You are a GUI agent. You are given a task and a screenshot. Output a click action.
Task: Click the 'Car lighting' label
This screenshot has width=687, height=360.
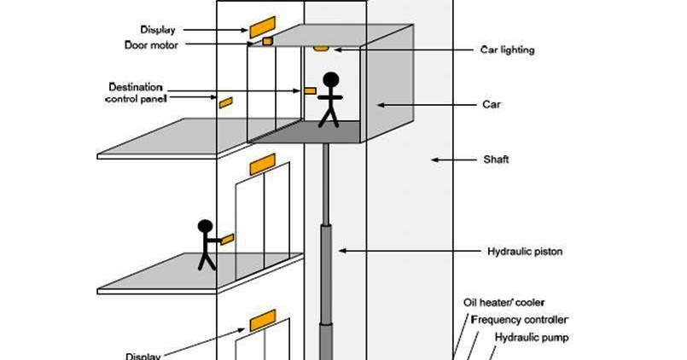coord(504,50)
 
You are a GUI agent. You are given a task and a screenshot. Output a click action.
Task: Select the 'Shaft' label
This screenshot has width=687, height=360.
coord(495,160)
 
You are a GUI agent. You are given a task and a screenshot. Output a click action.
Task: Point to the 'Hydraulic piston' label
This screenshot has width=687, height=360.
coord(524,252)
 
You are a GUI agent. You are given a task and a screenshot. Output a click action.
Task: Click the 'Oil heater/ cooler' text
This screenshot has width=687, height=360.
coord(504,303)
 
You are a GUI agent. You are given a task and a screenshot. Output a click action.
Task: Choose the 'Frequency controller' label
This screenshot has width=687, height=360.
coord(519,320)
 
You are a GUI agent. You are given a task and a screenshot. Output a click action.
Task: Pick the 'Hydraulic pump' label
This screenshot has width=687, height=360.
coord(532,337)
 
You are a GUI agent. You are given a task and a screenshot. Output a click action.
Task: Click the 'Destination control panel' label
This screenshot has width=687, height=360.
coord(136,93)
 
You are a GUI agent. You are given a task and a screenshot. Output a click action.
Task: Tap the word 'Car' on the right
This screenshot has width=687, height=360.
coord(491,105)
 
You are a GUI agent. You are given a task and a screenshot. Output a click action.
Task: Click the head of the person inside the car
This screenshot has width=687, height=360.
coord(330,80)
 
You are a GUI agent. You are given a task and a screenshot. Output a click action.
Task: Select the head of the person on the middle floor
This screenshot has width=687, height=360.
coord(205,227)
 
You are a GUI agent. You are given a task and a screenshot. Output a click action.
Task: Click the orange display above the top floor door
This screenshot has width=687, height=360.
coord(262,24)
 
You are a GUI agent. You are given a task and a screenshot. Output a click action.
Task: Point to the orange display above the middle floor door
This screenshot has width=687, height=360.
coord(262,162)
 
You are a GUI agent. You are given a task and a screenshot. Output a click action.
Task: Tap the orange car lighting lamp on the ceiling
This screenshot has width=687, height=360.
coord(322,48)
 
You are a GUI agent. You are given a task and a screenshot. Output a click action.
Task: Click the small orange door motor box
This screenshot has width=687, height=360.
coord(267,40)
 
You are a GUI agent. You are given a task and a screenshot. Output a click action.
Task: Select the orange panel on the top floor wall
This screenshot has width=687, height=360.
coord(225,102)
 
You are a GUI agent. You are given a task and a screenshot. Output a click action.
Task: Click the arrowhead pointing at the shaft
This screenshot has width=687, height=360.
coord(434,160)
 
